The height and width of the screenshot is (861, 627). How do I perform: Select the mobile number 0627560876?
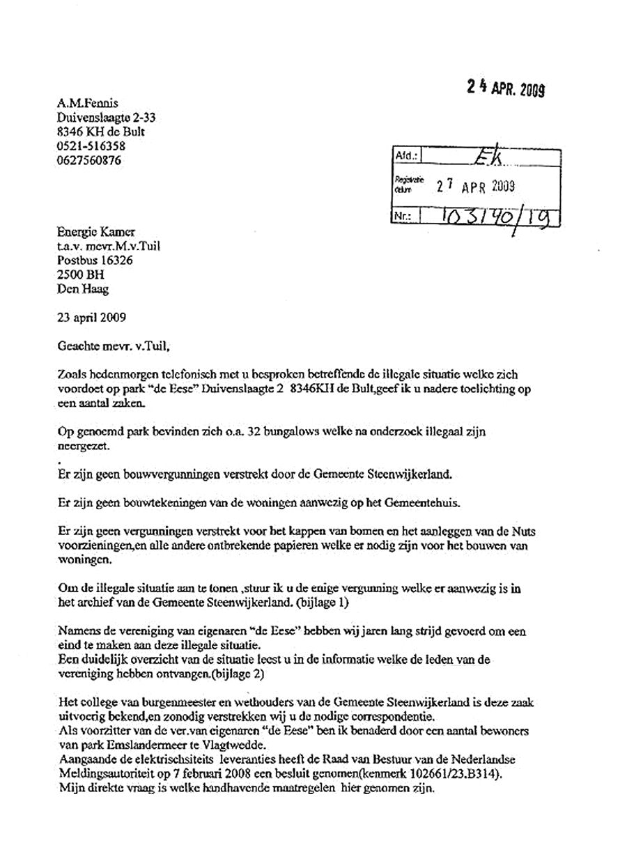tap(89, 160)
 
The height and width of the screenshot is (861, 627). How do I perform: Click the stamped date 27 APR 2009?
tap(475, 186)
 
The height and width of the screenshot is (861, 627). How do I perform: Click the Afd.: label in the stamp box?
tap(405, 157)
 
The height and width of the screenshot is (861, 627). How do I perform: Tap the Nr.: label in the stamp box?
tap(404, 217)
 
